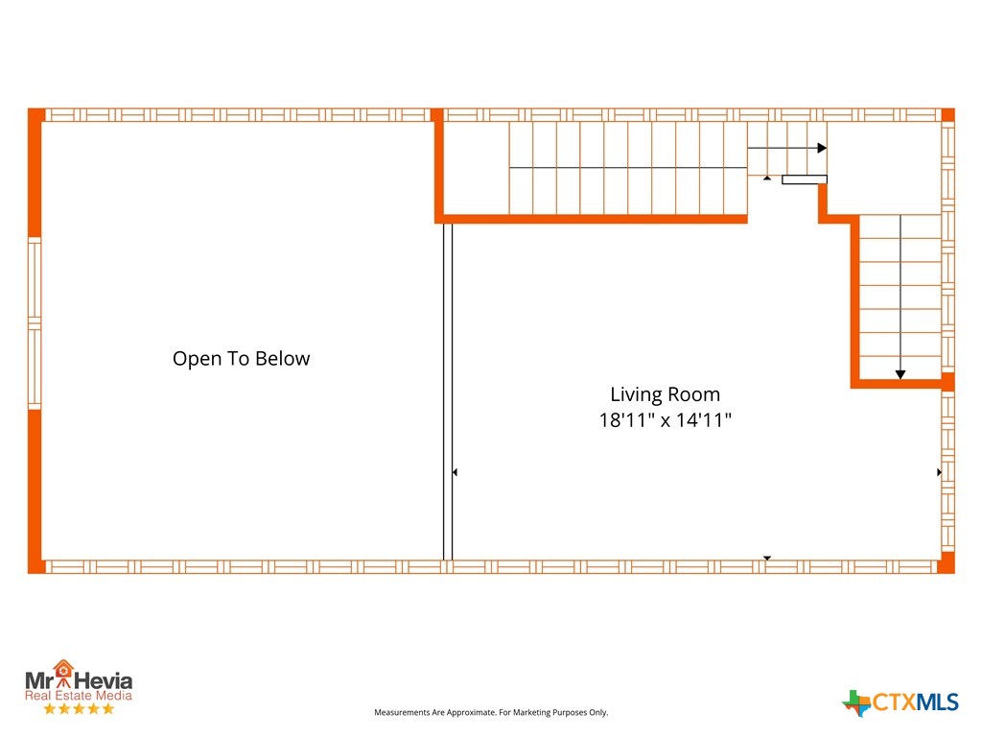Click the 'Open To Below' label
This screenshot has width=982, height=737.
(241, 359)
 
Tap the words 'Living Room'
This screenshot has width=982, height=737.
(666, 394)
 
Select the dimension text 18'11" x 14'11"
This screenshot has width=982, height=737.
(666, 420)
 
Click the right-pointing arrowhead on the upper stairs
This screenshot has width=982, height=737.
(822, 148)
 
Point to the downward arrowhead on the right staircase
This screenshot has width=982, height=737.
(900, 374)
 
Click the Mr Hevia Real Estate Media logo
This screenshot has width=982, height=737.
(79, 687)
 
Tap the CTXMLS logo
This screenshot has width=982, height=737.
(900, 702)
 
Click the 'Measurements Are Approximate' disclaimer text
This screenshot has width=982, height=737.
(491, 713)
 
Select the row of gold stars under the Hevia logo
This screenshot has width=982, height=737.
(79, 709)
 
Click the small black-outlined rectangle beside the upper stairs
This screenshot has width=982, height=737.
(805, 179)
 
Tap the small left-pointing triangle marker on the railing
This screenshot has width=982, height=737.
(455, 472)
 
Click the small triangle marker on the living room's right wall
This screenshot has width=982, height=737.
(939, 472)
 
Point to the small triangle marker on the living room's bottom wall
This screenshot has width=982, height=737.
(766, 558)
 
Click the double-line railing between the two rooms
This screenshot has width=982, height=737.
(448, 392)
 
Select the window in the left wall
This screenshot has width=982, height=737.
(35, 323)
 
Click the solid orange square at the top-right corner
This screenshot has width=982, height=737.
(948, 115)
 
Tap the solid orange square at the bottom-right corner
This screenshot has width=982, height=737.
(947, 562)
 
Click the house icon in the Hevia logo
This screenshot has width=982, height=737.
(62, 671)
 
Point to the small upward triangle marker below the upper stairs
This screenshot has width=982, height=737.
(767, 178)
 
